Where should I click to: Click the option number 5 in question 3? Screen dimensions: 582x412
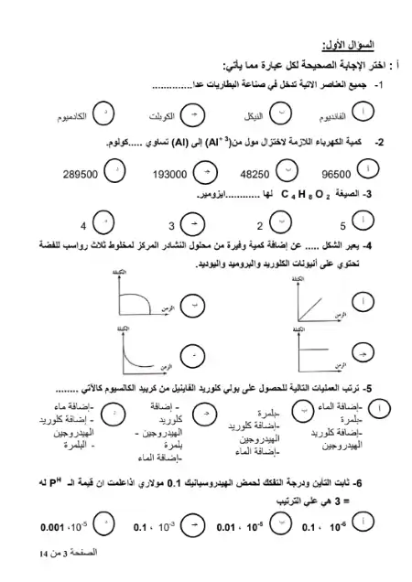(342, 225)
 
